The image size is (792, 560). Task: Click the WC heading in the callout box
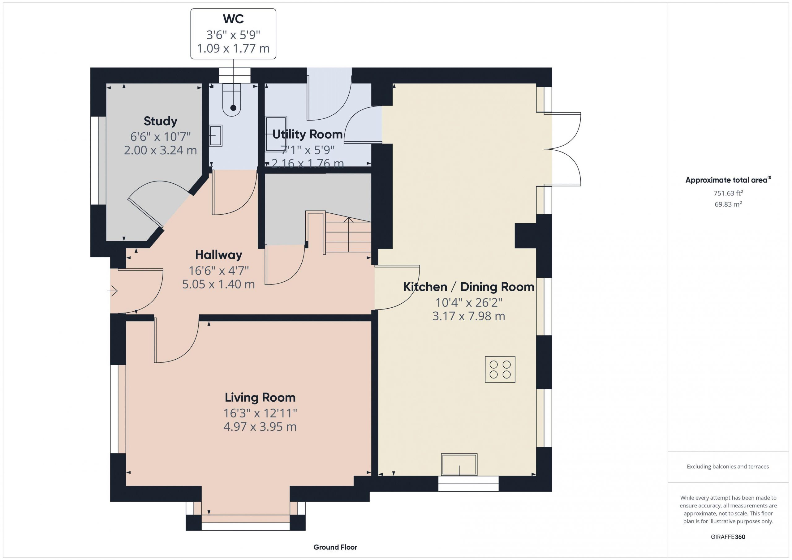(233, 19)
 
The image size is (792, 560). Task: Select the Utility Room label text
(307, 135)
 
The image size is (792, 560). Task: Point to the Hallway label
(219, 255)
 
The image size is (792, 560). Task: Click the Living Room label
(260, 398)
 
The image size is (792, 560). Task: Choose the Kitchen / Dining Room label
(469, 287)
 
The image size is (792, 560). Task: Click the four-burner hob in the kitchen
(500, 370)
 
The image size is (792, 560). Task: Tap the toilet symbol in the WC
(231, 100)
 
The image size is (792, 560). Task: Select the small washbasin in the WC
(216, 135)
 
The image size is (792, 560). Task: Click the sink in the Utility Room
(276, 134)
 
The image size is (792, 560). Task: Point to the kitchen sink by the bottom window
(459, 465)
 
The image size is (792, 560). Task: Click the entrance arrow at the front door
(112, 291)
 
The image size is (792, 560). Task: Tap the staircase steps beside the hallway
(348, 236)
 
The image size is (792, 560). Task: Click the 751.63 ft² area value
(728, 193)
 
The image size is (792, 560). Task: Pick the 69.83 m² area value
(728, 204)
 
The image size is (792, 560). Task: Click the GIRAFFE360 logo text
(728, 537)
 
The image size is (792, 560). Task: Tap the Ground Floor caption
(335, 547)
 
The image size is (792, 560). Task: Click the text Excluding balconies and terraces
(728, 467)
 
